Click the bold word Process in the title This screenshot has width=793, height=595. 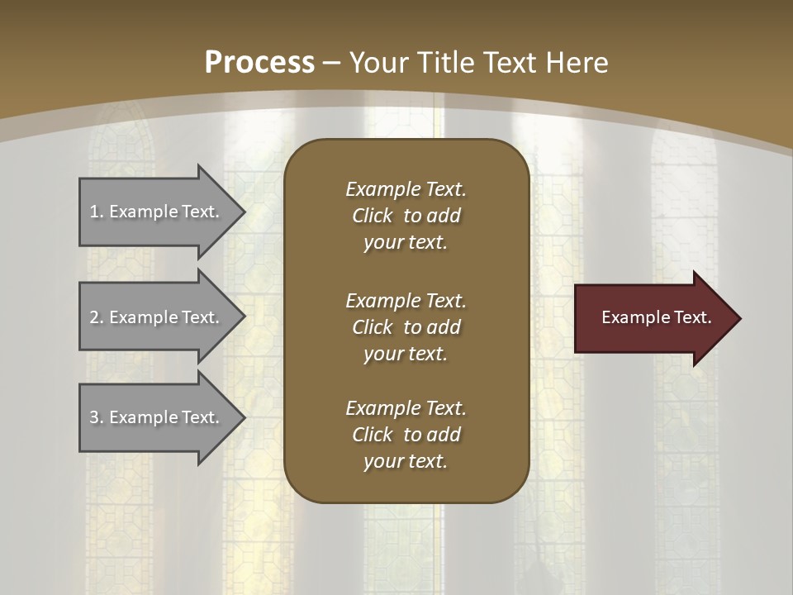(259, 63)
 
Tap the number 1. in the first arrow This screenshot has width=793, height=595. (97, 212)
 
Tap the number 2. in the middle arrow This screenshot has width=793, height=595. (97, 317)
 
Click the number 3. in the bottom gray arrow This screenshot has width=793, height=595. (97, 417)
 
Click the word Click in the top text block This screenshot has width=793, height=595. (372, 217)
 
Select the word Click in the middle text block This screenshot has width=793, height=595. (372, 327)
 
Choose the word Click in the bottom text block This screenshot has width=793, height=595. (372, 435)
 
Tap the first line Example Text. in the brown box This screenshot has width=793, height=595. (406, 189)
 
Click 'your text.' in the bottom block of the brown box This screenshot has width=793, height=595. (405, 462)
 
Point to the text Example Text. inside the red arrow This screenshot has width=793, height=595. (657, 317)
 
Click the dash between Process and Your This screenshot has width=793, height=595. (331, 63)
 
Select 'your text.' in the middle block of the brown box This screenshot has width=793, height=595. (405, 354)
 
